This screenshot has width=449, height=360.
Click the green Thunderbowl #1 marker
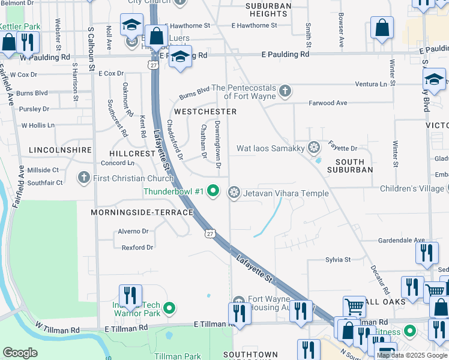tap(212, 192)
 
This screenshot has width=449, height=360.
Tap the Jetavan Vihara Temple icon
tap(234, 193)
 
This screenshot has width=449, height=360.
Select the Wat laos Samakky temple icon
tap(313, 148)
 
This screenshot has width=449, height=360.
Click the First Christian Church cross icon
tap(84, 178)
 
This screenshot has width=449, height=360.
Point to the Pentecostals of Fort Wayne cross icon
tap(285, 91)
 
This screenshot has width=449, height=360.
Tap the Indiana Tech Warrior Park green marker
tap(169, 309)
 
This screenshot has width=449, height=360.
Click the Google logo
tap(20, 352)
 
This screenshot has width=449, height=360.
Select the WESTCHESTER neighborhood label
tap(205, 112)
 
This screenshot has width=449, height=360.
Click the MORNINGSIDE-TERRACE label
tap(142, 212)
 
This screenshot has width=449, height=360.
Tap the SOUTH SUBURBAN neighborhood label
tap(350, 166)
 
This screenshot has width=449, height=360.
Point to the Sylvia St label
tap(338, 260)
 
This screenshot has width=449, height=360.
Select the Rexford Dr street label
tap(137, 247)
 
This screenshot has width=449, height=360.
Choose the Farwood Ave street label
tap(328, 103)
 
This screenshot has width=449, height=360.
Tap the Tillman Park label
tap(177, 356)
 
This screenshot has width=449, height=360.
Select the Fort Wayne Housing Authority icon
tap(239, 301)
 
